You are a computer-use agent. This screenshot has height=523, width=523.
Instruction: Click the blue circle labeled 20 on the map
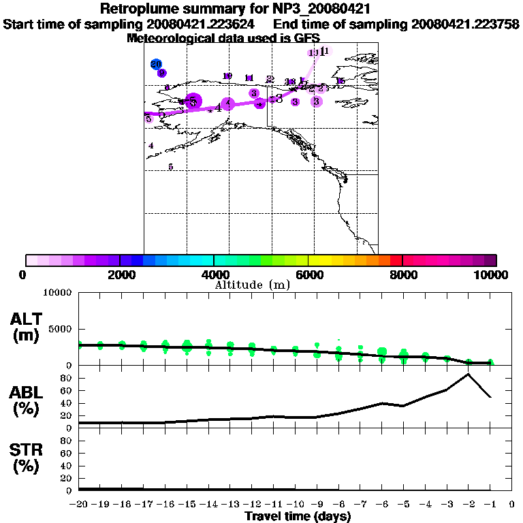tap(156, 64)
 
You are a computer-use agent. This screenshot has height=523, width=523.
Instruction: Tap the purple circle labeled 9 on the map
tap(162, 74)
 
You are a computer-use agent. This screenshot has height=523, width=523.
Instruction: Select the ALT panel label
tap(27, 327)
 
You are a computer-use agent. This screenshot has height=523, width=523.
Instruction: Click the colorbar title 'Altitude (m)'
tap(252, 285)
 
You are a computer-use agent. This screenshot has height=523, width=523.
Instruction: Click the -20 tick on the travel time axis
tap(80, 505)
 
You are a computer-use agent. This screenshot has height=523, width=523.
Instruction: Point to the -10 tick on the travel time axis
tap(296, 505)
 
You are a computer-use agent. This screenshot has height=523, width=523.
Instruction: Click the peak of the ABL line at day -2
tap(469, 374)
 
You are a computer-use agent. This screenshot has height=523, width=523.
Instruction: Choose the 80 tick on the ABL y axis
tap(67, 377)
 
